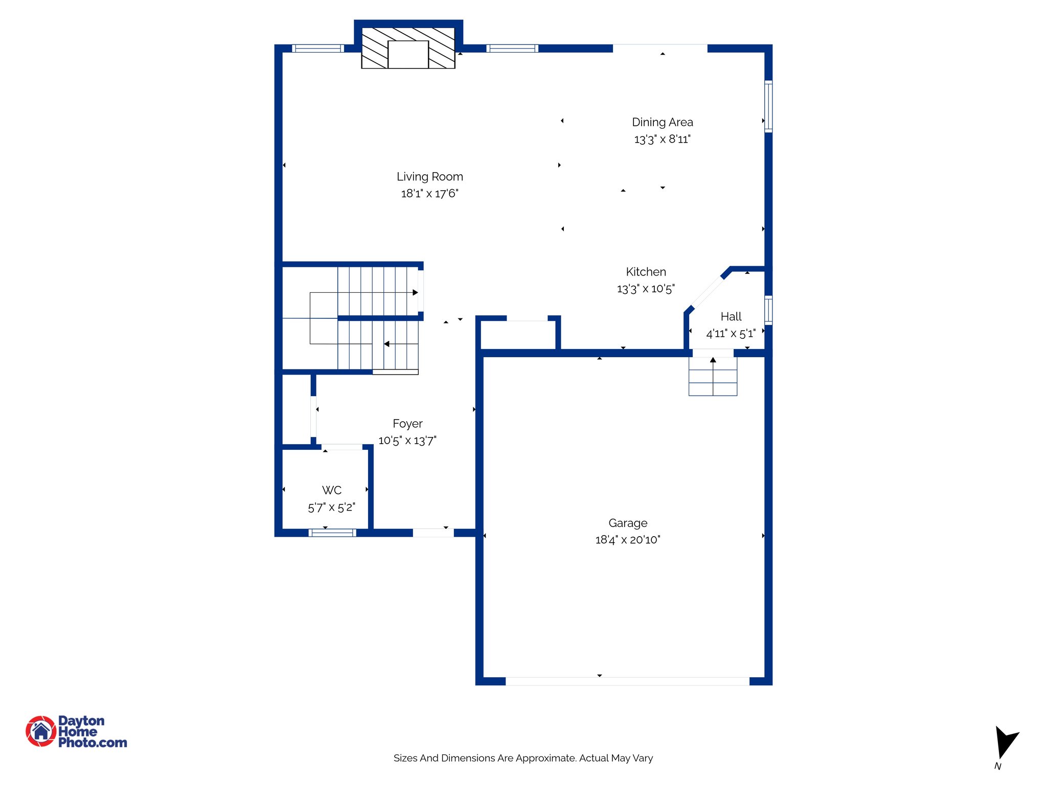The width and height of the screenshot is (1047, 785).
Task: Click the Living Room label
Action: pyautogui.click(x=429, y=176)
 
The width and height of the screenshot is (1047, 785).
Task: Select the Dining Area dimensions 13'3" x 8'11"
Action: pyautogui.click(x=662, y=139)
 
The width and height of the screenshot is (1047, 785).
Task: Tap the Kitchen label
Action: pyautogui.click(x=646, y=272)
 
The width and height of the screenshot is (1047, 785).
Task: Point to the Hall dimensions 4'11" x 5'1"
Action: pyautogui.click(x=731, y=334)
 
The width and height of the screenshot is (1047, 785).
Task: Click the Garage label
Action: pyautogui.click(x=628, y=523)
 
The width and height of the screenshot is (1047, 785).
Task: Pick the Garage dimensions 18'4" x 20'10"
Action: pyautogui.click(x=628, y=540)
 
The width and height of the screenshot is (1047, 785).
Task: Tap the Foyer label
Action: pyautogui.click(x=407, y=424)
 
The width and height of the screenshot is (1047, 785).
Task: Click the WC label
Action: pyautogui.click(x=332, y=490)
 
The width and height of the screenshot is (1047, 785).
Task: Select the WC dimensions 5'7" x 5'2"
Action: pyautogui.click(x=331, y=507)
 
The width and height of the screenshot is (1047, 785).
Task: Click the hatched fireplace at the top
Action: pyautogui.click(x=408, y=48)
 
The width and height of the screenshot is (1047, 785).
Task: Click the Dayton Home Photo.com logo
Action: pyautogui.click(x=77, y=731)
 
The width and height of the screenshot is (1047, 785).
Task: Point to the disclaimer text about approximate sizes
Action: pyautogui.click(x=523, y=758)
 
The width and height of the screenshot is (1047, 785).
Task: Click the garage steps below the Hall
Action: pyautogui.click(x=713, y=377)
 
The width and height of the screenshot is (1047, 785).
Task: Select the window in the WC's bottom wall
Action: pyautogui.click(x=332, y=533)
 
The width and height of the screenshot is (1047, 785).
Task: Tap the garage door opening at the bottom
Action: pyautogui.click(x=627, y=681)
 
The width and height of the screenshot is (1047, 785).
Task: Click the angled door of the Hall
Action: pyautogui.click(x=707, y=292)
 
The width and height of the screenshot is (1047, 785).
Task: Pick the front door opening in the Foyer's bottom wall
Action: pyautogui.click(x=433, y=533)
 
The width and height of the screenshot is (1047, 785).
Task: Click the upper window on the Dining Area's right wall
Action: pyautogui.click(x=768, y=106)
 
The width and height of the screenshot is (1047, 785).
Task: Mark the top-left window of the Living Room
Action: pyautogui.click(x=317, y=49)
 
